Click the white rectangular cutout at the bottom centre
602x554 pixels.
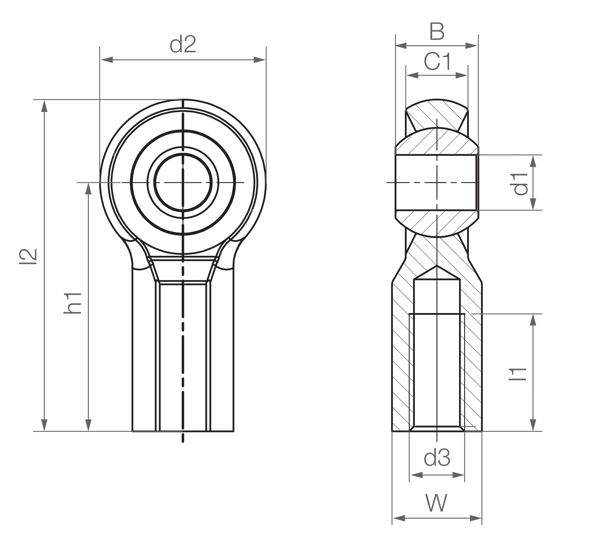click(312, 384)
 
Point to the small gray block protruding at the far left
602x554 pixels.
click(30, 257)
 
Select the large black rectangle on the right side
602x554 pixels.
click(540, 262)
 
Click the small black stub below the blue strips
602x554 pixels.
click(449, 438)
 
